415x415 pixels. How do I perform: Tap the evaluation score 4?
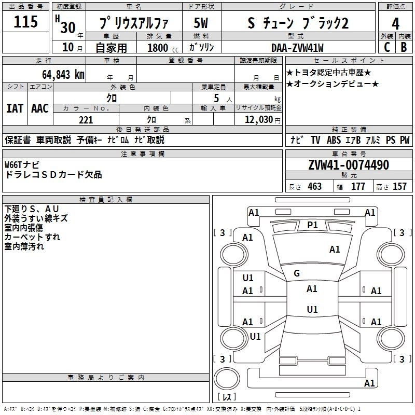[x=396, y=23]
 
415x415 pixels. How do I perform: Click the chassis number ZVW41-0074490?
[x=349, y=165]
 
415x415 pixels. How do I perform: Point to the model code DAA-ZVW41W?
[x=298, y=47]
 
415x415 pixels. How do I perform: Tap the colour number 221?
[x=86, y=120]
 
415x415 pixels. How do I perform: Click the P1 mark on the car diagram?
[x=312, y=225]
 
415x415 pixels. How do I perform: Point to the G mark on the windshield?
[x=297, y=273]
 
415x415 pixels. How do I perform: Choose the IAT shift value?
[x=15, y=108]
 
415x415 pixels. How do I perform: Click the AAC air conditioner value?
[x=40, y=108]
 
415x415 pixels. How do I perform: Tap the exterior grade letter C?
[x=386, y=47]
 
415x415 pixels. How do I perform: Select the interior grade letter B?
[x=404, y=47]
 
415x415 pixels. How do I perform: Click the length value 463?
[x=314, y=186]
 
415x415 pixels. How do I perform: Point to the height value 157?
[x=399, y=186]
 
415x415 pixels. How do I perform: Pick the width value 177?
[x=358, y=186]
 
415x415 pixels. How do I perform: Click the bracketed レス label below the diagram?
[x=227, y=398]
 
